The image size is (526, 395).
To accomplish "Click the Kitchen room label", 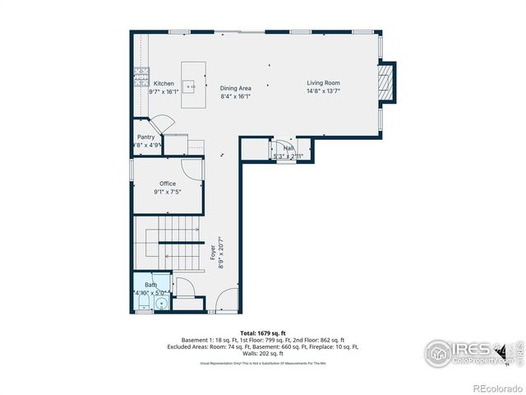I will pos(164,84).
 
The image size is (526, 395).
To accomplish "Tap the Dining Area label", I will pos(235,88).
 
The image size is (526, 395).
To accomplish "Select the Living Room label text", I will pos(323,83).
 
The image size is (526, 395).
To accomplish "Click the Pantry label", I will pos(145,137).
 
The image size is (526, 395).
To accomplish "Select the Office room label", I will pos(168,184).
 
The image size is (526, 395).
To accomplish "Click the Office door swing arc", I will pos(191,170).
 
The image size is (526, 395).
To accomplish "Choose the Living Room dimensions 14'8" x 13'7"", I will pos(323,91).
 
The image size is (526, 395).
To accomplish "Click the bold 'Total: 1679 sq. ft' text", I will pos(262,333).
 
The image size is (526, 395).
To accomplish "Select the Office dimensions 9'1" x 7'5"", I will pos(168,192).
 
